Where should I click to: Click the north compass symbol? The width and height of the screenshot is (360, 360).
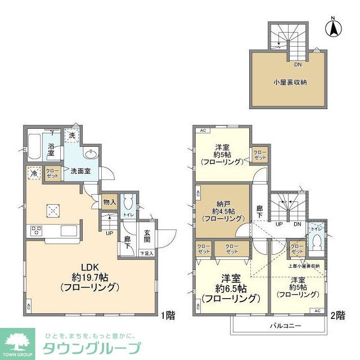point(333,26)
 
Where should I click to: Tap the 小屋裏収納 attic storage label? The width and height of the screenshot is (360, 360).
point(290,82)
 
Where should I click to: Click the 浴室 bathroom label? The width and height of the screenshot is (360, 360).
point(51,149)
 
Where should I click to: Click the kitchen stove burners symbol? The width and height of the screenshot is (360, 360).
point(37,230)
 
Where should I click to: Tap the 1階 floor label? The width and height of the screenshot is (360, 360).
point(167,316)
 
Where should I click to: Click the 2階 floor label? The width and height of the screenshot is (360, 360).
point(337,316)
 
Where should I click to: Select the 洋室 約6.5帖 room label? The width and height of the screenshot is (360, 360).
point(231,288)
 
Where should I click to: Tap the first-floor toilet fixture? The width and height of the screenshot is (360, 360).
point(128,201)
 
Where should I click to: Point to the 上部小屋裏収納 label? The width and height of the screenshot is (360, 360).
point(304,265)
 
